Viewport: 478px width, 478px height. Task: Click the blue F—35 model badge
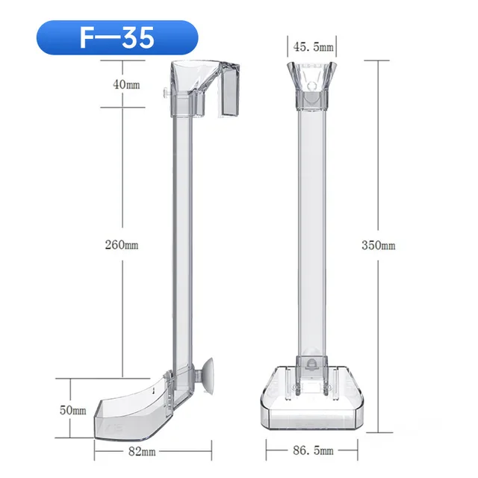click(117, 37)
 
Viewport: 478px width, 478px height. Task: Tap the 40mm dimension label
click(126, 84)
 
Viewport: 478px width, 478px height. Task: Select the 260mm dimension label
click(122, 245)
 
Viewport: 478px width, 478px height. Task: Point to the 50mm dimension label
click(73, 410)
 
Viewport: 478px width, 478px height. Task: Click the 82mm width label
click(142, 451)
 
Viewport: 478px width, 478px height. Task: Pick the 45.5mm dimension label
click(313, 47)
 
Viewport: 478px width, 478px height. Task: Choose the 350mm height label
click(379, 246)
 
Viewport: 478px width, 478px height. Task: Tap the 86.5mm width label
click(313, 450)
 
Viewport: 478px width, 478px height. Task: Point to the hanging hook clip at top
click(229, 90)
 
